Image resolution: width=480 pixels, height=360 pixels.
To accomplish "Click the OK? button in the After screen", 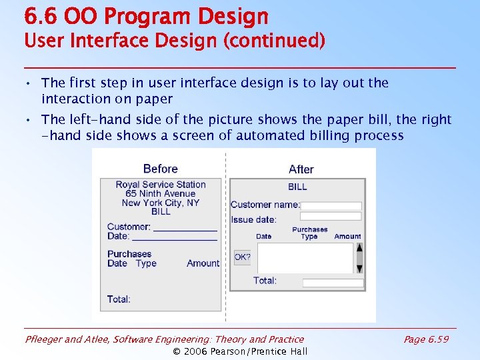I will pyautogui.click(x=242, y=257).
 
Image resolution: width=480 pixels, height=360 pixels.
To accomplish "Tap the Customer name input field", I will pyautogui.click(x=331, y=206).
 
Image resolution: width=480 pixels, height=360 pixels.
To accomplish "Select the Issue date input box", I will pyautogui.click(x=331, y=217).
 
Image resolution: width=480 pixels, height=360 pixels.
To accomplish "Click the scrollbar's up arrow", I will pyautogui.click(x=359, y=247).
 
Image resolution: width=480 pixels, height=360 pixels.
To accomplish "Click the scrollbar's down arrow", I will pyautogui.click(x=359, y=269).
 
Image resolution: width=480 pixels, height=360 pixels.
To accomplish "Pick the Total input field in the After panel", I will pyautogui.click(x=333, y=283).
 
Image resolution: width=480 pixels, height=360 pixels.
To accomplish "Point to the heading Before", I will pyautogui.click(x=160, y=169).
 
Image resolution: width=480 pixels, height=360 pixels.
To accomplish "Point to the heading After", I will pyautogui.click(x=301, y=169).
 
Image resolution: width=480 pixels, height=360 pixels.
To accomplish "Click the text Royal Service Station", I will pyautogui.click(x=161, y=185).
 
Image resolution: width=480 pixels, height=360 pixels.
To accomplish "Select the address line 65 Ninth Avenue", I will pyautogui.click(x=161, y=194).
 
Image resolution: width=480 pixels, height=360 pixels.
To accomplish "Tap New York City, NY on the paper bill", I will pyautogui.click(x=161, y=203).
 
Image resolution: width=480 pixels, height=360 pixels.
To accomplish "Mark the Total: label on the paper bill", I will pyautogui.click(x=119, y=299).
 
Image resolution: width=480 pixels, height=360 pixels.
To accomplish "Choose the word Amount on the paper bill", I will pyautogui.click(x=203, y=263).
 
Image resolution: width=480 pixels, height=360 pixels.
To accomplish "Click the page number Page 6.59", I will pyautogui.click(x=426, y=339).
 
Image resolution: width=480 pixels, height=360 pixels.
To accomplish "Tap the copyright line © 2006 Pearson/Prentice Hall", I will pyautogui.click(x=240, y=351).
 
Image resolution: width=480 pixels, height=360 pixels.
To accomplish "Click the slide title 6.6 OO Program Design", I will pyautogui.click(x=146, y=16).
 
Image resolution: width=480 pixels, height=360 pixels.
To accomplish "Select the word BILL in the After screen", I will pyautogui.click(x=297, y=187).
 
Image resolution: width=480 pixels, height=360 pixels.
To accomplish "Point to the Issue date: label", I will pyautogui.click(x=253, y=219).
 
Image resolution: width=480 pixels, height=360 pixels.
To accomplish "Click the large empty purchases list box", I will pyautogui.click(x=305, y=258).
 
